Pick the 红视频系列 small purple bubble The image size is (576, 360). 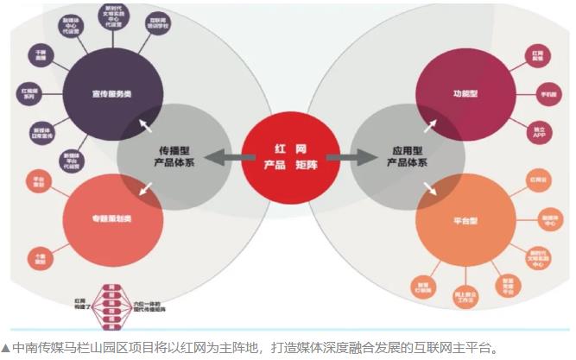click(30, 93)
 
